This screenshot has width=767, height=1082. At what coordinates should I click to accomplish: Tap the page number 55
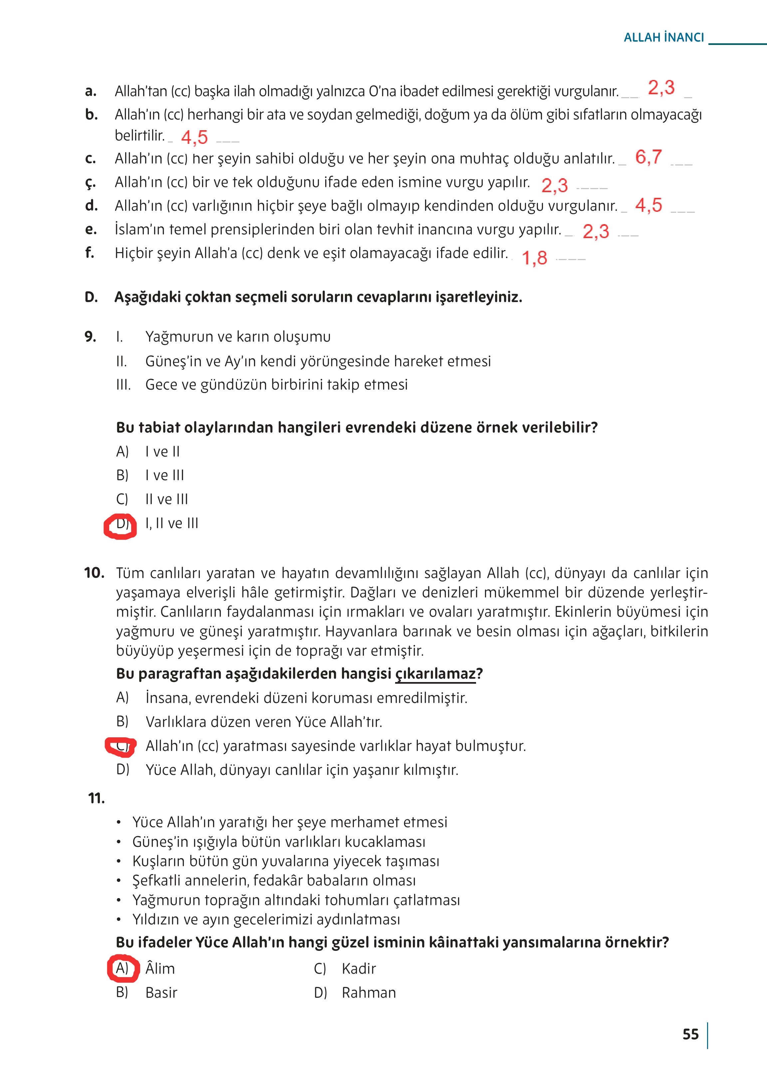690,1034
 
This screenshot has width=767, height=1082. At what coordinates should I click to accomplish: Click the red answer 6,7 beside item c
648,157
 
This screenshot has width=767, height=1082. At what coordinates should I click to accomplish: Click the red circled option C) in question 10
121,746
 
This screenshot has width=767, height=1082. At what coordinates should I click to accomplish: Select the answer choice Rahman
369,993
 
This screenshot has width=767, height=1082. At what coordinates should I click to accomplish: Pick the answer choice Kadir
359,968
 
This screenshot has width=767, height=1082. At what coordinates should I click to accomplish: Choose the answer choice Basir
161,993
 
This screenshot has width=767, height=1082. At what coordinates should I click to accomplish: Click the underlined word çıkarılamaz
435,673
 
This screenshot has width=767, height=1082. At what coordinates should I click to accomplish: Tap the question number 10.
94,573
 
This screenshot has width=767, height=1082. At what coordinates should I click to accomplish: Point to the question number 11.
96,799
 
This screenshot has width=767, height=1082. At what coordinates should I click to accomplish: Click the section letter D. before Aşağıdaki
91,297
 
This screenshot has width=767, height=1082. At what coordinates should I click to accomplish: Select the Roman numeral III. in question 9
123,385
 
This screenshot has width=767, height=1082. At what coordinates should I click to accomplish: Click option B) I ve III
150,475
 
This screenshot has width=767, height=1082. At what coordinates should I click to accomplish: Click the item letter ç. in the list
90,183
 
